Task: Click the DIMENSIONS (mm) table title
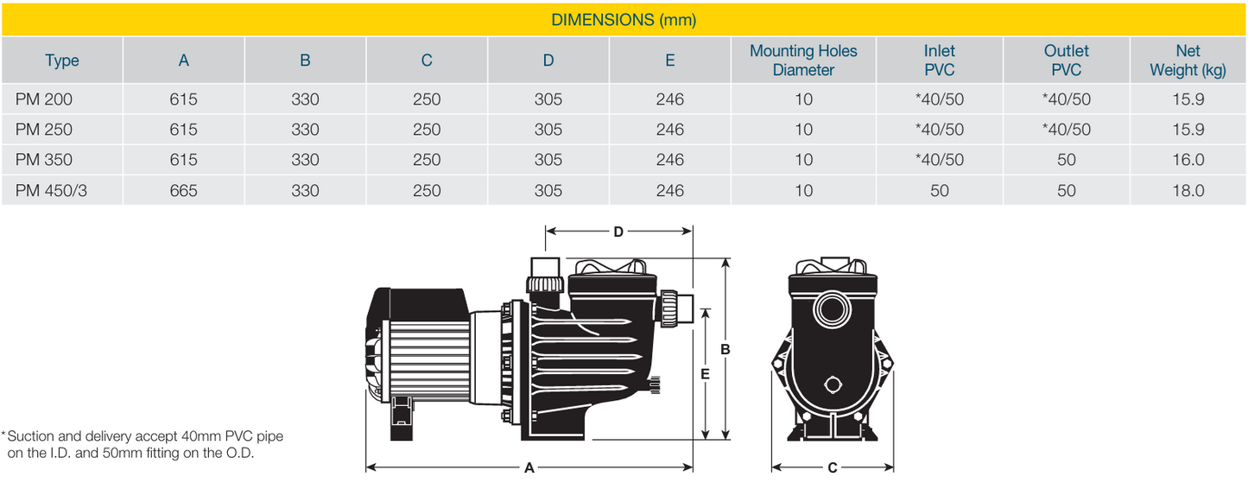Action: click(624, 19)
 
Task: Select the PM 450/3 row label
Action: click(51, 191)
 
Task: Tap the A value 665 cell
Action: click(183, 191)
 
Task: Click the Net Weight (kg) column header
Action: click(1188, 60)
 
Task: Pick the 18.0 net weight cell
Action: click(1188, 191)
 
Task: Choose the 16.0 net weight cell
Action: click(1188, 160)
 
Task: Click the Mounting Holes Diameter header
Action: click(803, 60)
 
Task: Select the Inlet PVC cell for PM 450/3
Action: click(939, 191)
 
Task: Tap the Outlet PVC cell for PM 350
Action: click(1066, 160)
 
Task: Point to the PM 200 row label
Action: click(44, 99)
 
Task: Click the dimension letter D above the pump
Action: click(618, 232)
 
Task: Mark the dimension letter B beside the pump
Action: click(725, 350)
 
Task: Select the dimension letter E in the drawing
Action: click(705, 374)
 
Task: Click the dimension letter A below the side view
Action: click(529, 467)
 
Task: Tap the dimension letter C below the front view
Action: click(832, 467)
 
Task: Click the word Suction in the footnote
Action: click(31, 436)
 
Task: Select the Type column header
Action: click(62, 60)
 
